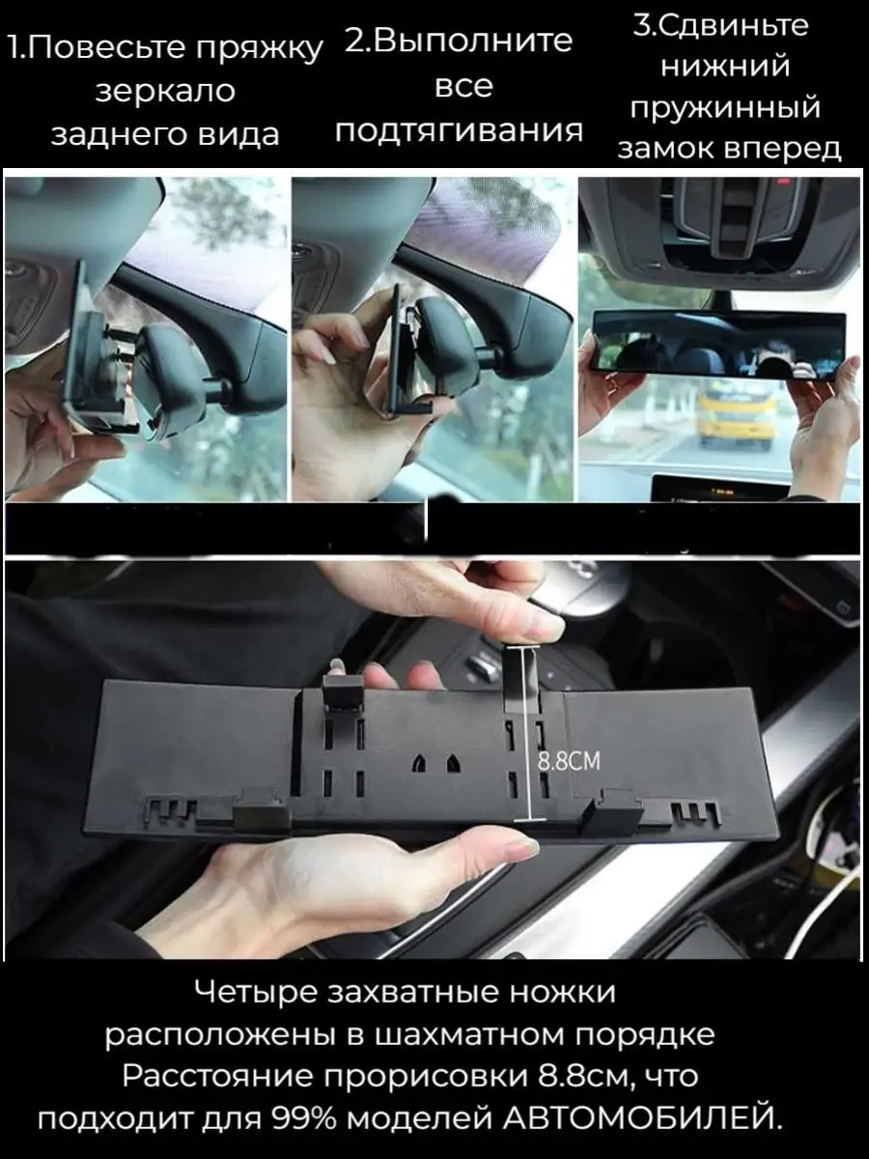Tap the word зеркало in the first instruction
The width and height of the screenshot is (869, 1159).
click(166, 92)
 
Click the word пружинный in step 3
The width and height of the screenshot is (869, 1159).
click(726, 108)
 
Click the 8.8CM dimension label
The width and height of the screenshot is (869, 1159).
click(570, 761)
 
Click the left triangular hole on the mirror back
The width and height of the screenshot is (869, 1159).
click(419, 763)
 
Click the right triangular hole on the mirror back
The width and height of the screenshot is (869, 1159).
click(453, 763)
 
